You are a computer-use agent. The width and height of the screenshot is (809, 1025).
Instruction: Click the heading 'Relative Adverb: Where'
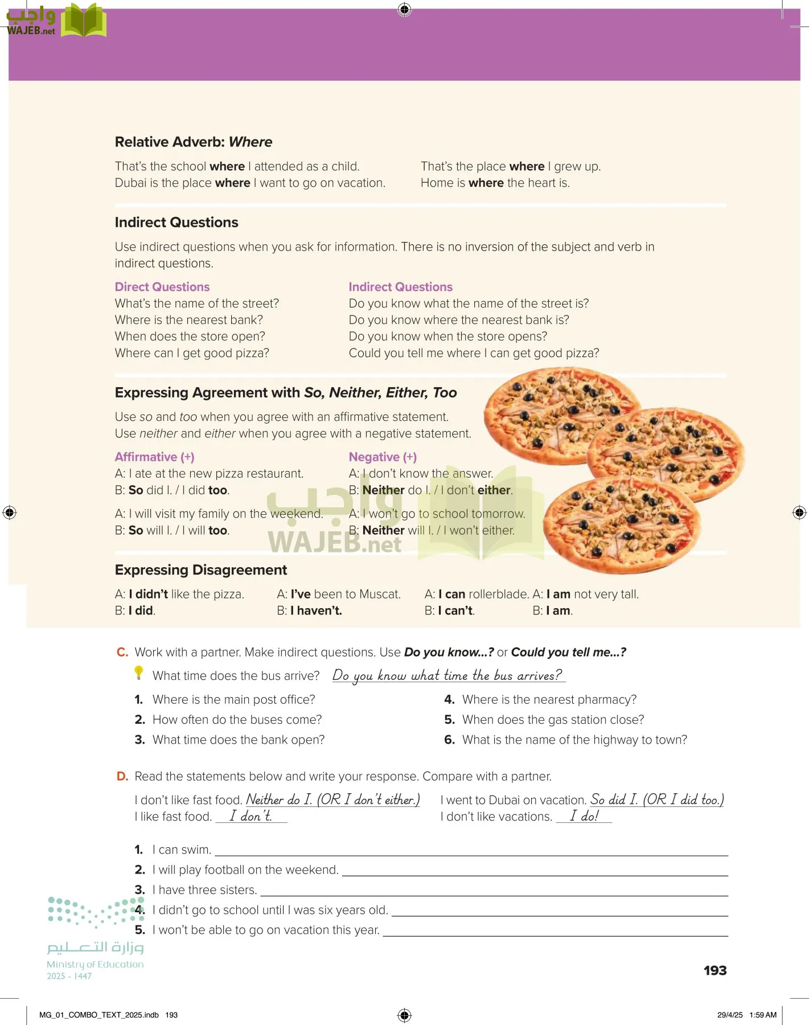pos(194,142)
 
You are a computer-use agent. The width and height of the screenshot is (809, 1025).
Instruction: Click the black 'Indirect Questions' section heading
pos(176,222)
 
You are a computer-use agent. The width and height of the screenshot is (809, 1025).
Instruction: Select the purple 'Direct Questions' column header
pos(162,287)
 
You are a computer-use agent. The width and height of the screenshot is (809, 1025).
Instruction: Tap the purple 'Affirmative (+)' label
pos(155,457)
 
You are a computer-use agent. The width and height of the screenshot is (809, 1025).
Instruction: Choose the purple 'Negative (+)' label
pos(383,457)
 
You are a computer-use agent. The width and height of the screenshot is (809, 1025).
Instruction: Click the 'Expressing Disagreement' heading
pos(201,570)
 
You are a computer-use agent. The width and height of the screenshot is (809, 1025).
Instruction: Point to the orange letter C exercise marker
pos(122,653)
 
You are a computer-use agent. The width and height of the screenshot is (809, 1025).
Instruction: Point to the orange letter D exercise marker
pos(122,777)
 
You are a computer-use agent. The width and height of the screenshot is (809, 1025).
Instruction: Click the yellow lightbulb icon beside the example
pos(138,673)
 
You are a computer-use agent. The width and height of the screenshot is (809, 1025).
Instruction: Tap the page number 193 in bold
pos(715,971)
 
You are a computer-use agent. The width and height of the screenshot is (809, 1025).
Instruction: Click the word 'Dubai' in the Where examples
pos(131,183)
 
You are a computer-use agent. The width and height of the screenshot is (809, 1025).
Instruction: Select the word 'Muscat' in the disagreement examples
pos(380,594)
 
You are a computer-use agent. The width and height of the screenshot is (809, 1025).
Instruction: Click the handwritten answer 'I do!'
pos(584,816)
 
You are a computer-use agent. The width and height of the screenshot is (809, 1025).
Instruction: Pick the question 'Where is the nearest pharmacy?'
pos(549,699)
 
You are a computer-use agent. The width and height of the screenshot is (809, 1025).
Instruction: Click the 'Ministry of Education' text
pos(95,965)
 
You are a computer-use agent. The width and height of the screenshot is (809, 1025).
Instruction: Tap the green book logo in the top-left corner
pos(84,21)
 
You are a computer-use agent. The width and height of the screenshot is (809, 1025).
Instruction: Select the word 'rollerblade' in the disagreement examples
pos(499,594)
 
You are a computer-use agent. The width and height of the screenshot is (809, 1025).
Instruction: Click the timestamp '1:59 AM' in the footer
pos(763,1015)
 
